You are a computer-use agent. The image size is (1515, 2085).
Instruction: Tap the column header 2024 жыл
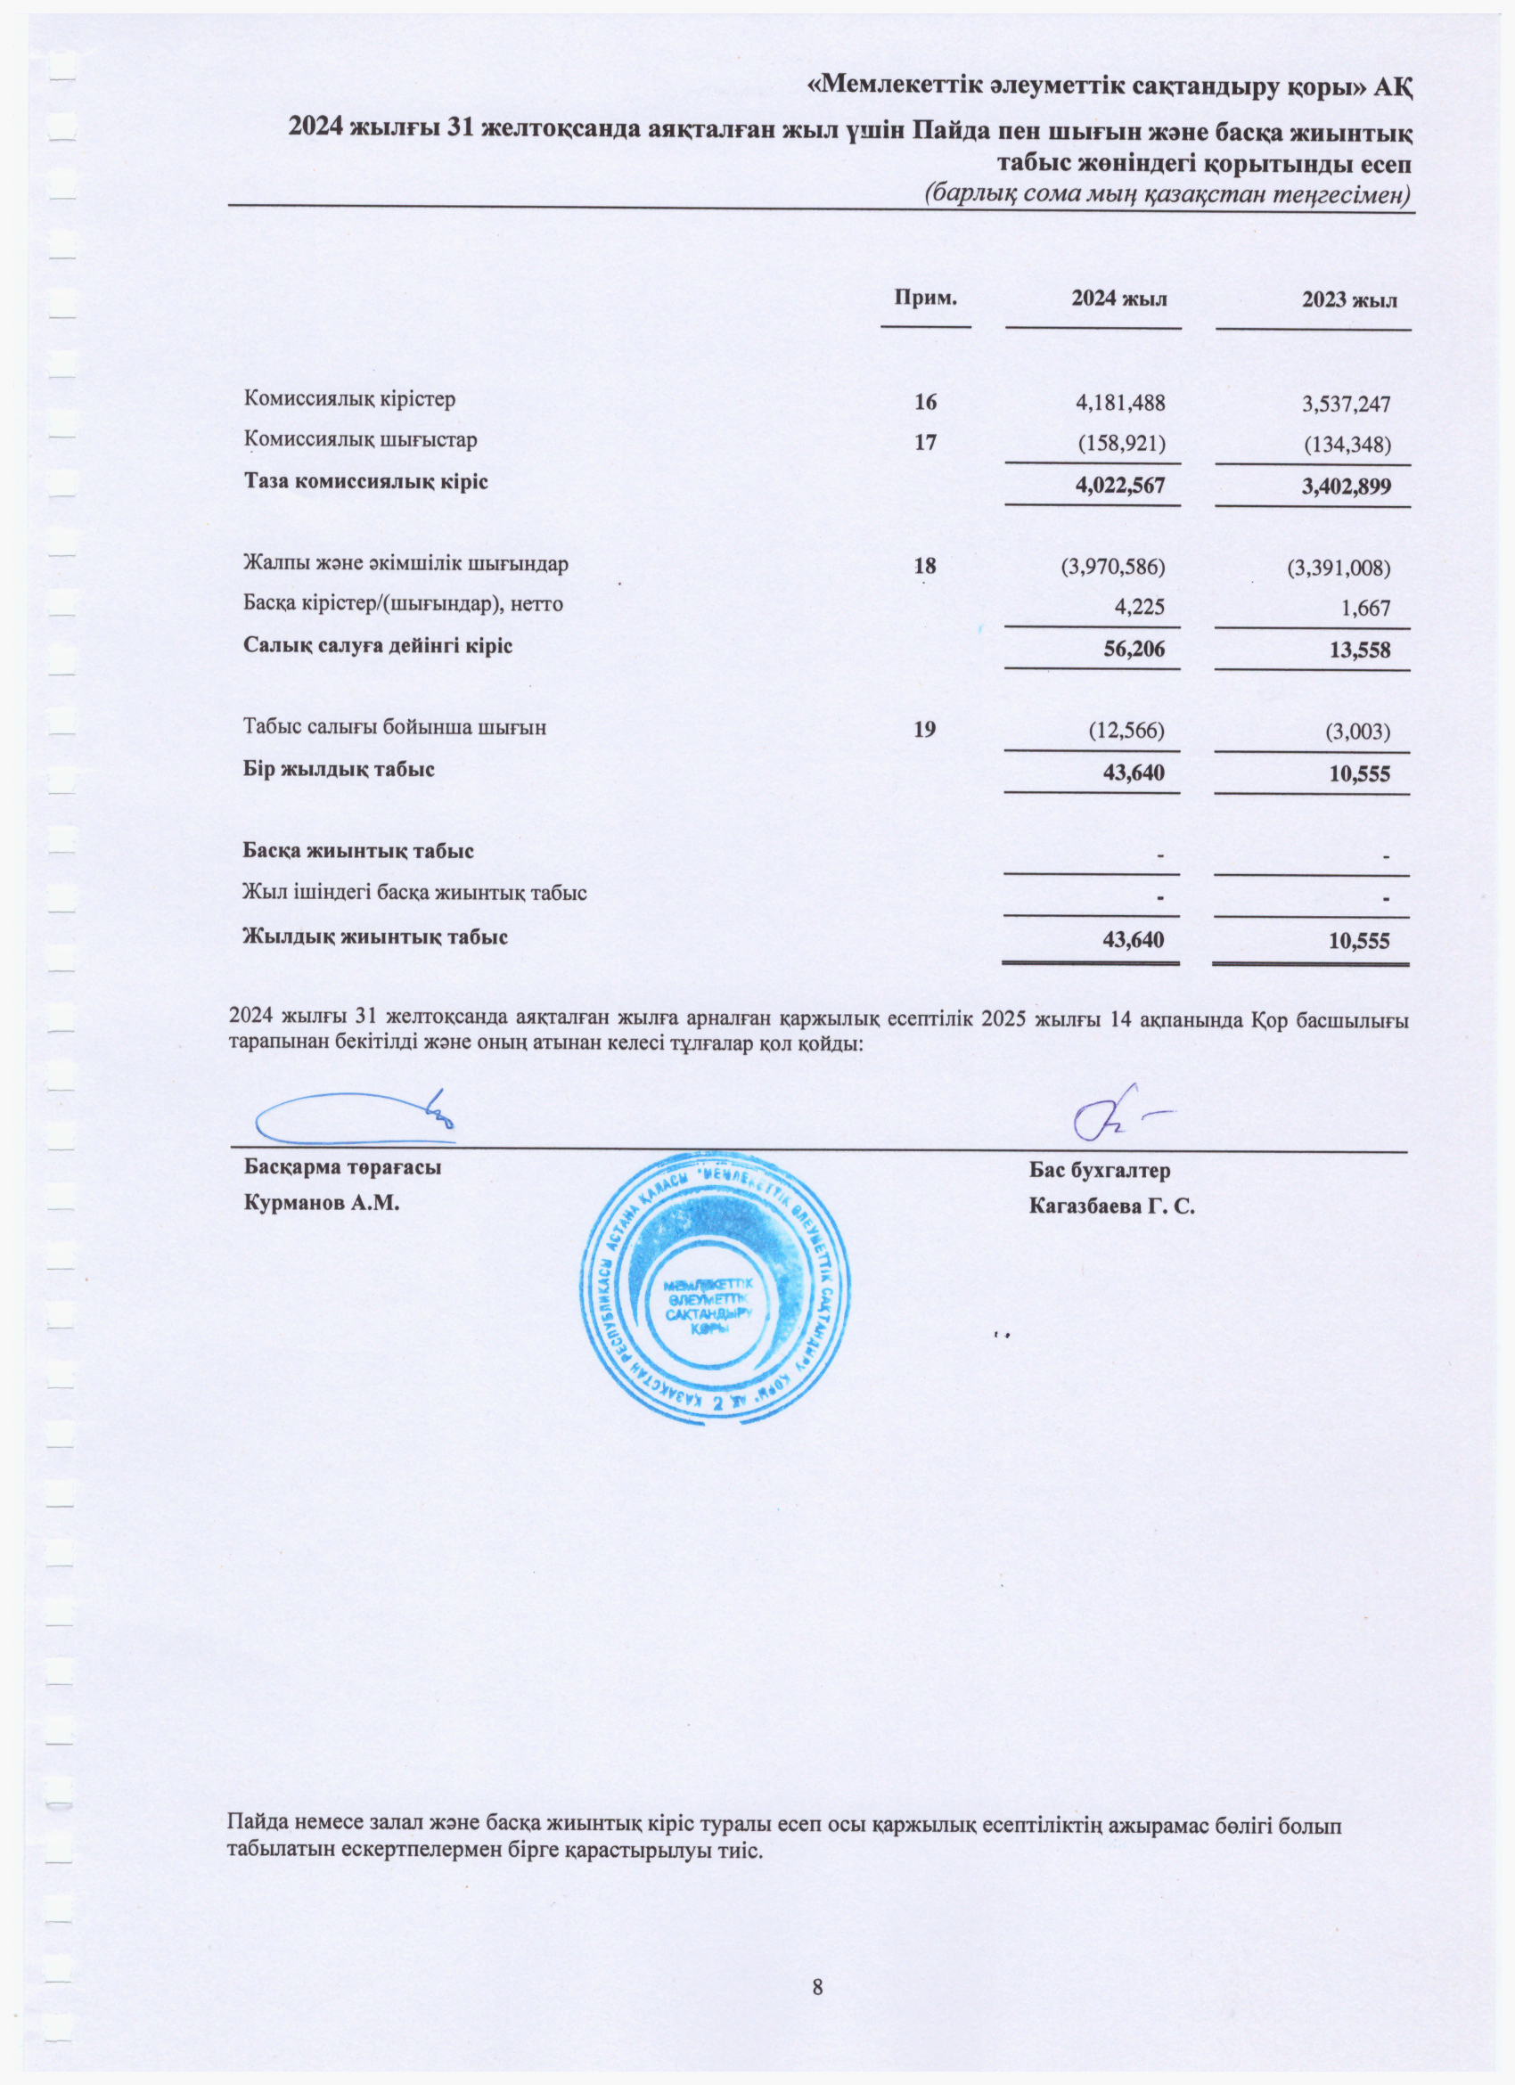point(1118,298)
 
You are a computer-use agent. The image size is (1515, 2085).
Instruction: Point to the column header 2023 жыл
point(1349,300)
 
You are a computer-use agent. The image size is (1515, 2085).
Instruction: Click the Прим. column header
point(926,297)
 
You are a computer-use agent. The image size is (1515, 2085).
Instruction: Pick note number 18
point(925,566)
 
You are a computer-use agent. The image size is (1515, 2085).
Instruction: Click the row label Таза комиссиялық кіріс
point(365,482)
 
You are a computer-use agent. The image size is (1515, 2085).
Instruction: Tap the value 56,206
point(1134,649)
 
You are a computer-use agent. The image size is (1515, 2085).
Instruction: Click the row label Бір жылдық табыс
point(339,769)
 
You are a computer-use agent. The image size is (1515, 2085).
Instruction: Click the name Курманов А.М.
point(322,1204)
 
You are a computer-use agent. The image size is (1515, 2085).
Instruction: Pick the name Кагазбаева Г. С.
point(1111,1206)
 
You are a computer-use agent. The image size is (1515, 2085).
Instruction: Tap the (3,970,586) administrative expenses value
point(1113,567)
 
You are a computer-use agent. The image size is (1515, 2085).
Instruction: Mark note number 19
point(925,729)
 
